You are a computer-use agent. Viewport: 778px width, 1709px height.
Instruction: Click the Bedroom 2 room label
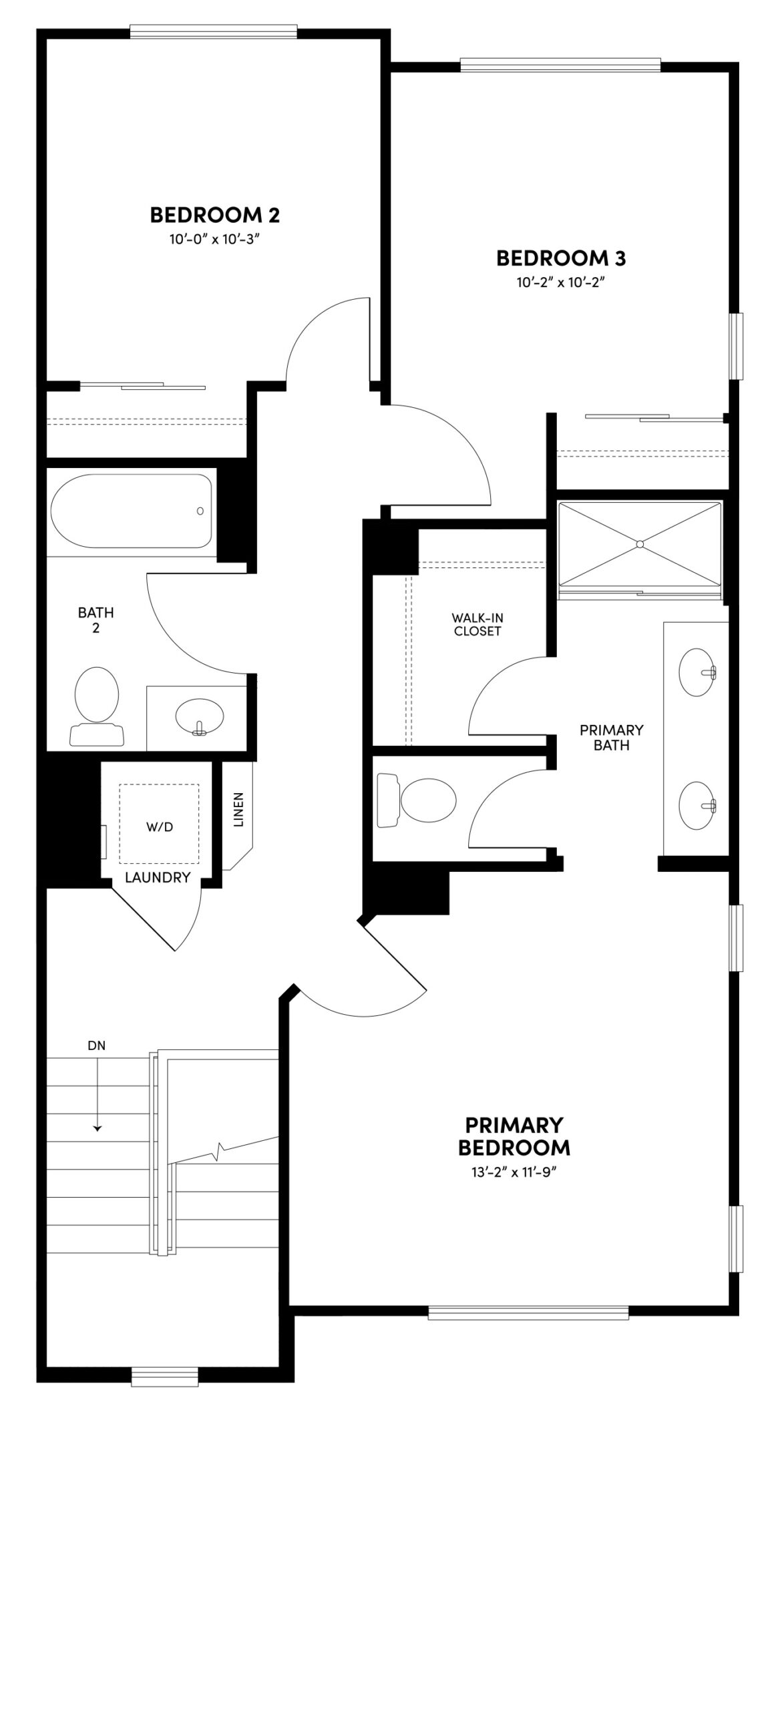(214, 215)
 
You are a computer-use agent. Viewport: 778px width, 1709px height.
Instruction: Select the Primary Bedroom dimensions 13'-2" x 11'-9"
(514, 1174)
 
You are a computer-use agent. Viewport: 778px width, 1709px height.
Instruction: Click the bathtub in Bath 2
(132, 511)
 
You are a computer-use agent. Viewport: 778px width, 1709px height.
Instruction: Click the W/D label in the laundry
(160, 827)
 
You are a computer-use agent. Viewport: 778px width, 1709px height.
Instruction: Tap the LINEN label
(239, 810)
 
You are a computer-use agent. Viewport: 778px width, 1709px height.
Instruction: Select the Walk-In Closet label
(477, 625)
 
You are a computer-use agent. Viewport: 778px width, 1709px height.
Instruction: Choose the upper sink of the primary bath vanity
(697, 672)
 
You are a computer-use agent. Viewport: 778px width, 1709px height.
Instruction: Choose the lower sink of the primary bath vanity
(697, 806)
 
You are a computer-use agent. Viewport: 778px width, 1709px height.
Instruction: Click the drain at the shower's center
(640, 544)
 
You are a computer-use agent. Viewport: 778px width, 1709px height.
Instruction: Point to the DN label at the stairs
(97, 1046)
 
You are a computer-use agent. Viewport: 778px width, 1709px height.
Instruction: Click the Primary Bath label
(611, 738)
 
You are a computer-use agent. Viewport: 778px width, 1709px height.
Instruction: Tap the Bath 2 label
(96, 620)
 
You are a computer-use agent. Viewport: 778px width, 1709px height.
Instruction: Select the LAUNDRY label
(158, 878)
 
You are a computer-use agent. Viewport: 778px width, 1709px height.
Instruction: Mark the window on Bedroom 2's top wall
(213, 31)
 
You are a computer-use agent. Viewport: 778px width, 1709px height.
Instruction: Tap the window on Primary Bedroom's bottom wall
(528, 1313)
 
